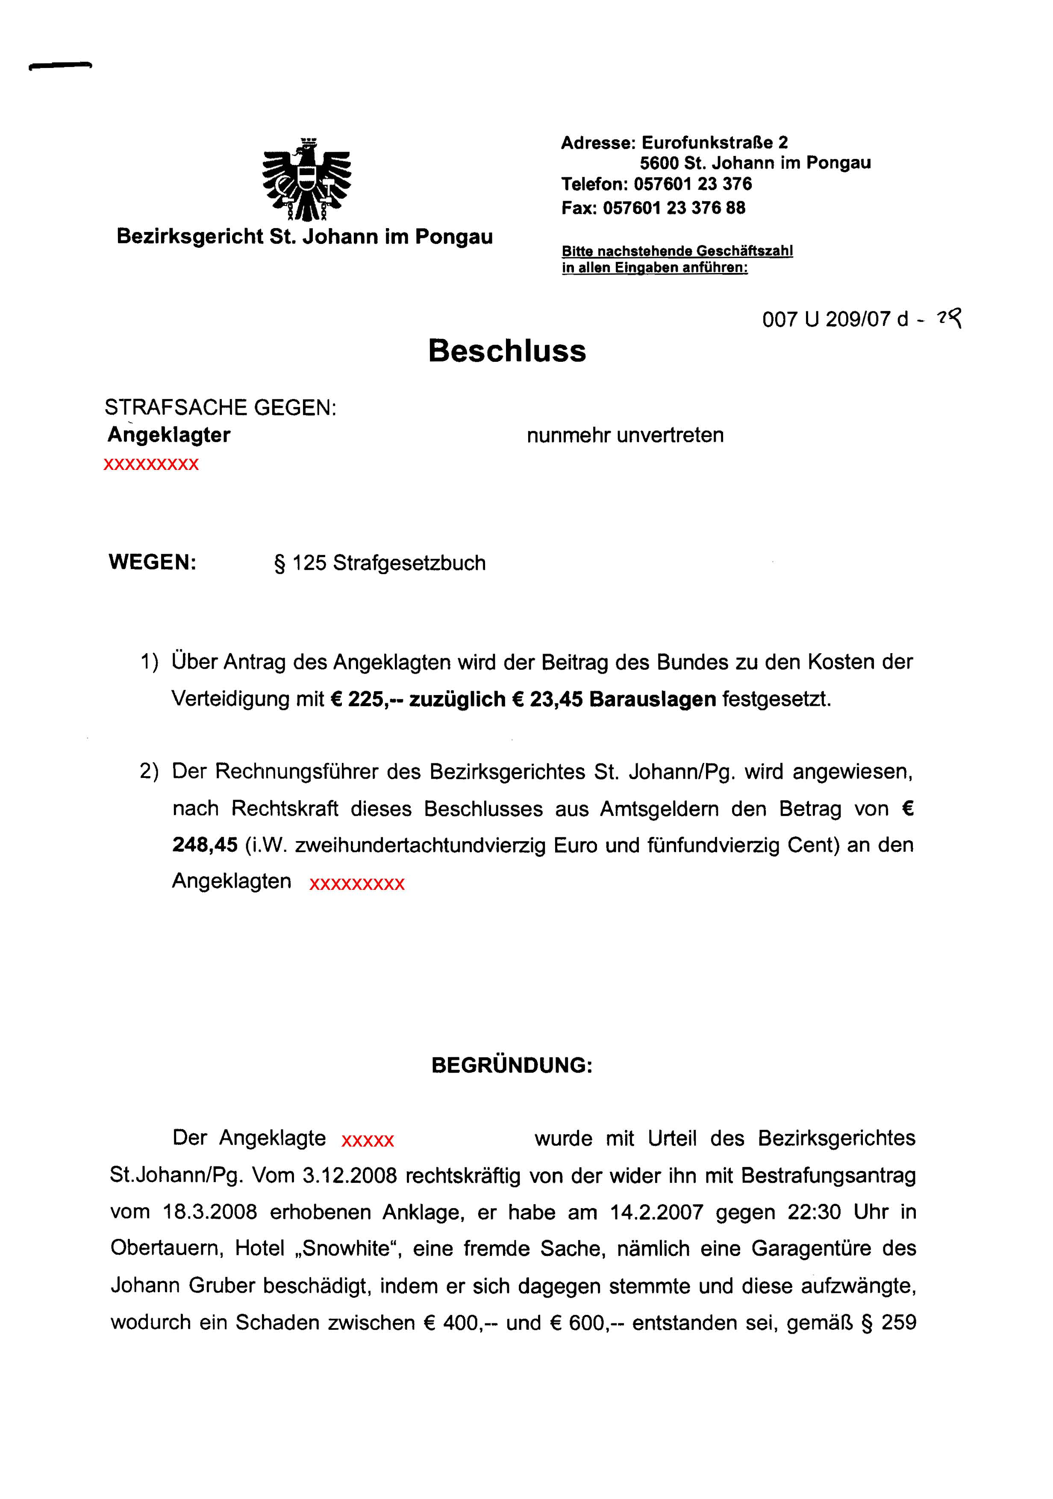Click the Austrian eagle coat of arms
(x=306, y=179)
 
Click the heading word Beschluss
(x=507, y=351)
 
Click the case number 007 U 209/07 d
(x=835, y=319)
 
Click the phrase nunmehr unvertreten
(x=625, y=435)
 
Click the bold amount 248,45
(x=204, y=845)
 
